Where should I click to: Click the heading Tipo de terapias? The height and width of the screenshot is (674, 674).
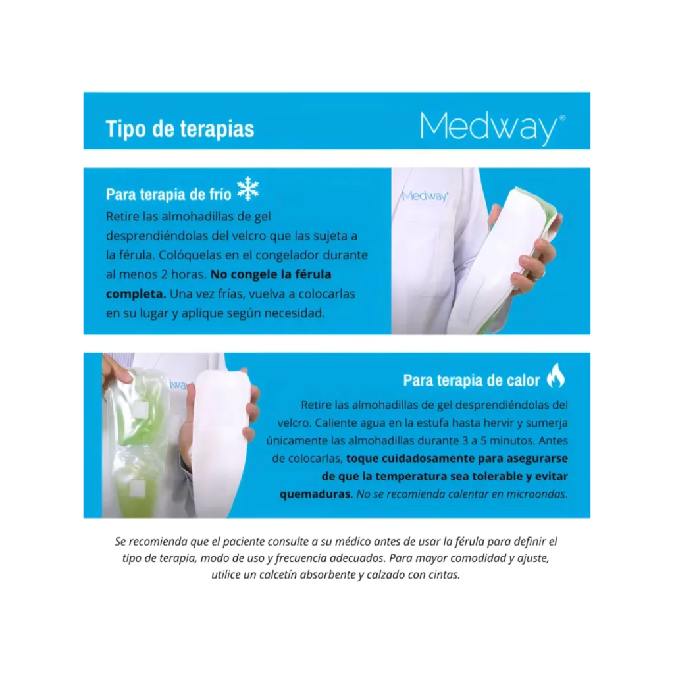(x=180, y=128)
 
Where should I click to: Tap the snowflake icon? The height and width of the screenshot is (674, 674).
(x=248, y=189)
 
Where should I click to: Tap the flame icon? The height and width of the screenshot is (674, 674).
(x=556, y=376)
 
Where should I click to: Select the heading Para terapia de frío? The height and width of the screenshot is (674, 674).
(x=168, y=195)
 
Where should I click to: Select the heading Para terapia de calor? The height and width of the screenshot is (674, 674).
(x=471, y=380)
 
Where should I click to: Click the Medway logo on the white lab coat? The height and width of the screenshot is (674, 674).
(x=425, y=195)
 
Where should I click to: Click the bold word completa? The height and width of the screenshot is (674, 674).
(x=136, y=294)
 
